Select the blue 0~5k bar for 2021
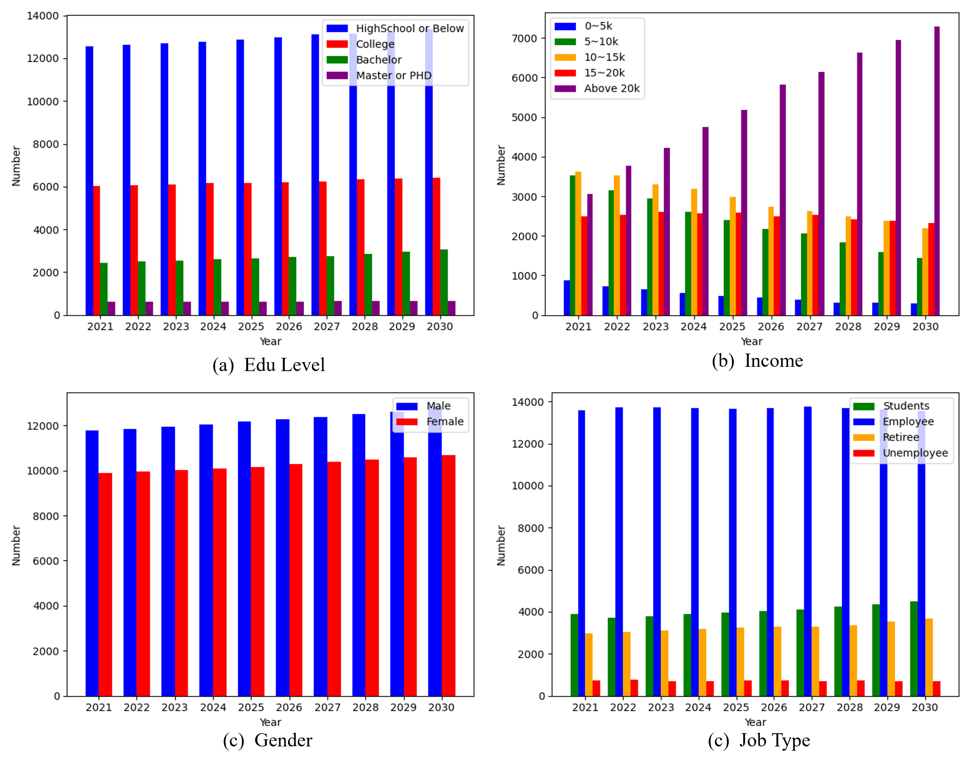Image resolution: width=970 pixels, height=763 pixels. pos(567,298)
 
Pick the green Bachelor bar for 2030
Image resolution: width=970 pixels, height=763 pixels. pos(444,282)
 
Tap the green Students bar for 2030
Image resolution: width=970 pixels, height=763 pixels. pos(914,649)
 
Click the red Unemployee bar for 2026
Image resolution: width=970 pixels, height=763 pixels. pos(785,688)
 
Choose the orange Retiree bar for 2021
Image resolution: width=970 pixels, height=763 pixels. pos(589,665)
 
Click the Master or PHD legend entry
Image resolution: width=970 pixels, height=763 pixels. pos(393,76)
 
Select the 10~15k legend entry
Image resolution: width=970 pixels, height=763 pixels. pos(604,57)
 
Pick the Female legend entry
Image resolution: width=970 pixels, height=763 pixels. pos(445,422)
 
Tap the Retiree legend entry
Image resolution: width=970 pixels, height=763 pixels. pos(900,437)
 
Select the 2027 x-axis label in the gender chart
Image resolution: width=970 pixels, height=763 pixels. pos(327,708)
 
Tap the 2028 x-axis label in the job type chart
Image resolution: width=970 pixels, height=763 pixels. pos(849,708)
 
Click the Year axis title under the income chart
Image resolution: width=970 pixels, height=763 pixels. pos(751,342)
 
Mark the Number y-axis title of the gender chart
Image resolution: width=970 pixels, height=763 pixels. pos(16,545)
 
